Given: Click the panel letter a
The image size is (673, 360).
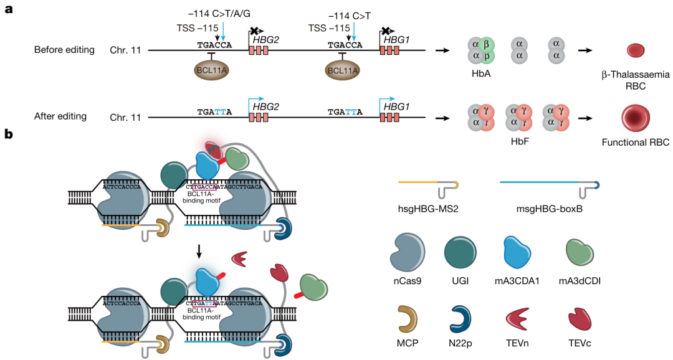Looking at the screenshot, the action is point(8,9).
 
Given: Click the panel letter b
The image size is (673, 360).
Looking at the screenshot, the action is point(8,135).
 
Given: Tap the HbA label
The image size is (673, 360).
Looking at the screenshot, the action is point(480,73).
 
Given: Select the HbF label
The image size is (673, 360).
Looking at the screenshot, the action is point(519,141).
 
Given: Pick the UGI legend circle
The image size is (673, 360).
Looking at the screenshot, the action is point(460,253).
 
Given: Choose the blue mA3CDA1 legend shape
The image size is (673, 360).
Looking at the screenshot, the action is point(517,254).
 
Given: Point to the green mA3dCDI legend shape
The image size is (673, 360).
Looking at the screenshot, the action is point(580,253).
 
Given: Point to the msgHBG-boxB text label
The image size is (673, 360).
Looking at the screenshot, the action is point(550,209).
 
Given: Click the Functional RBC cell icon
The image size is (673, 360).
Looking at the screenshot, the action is point(636,118).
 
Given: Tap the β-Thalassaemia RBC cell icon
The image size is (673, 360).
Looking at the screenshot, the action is point(636,50).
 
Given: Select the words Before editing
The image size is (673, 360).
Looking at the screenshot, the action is point(64,50).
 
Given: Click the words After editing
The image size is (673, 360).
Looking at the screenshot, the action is point(60,116).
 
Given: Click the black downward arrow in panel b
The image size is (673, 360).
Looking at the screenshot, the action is point(199,252).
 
